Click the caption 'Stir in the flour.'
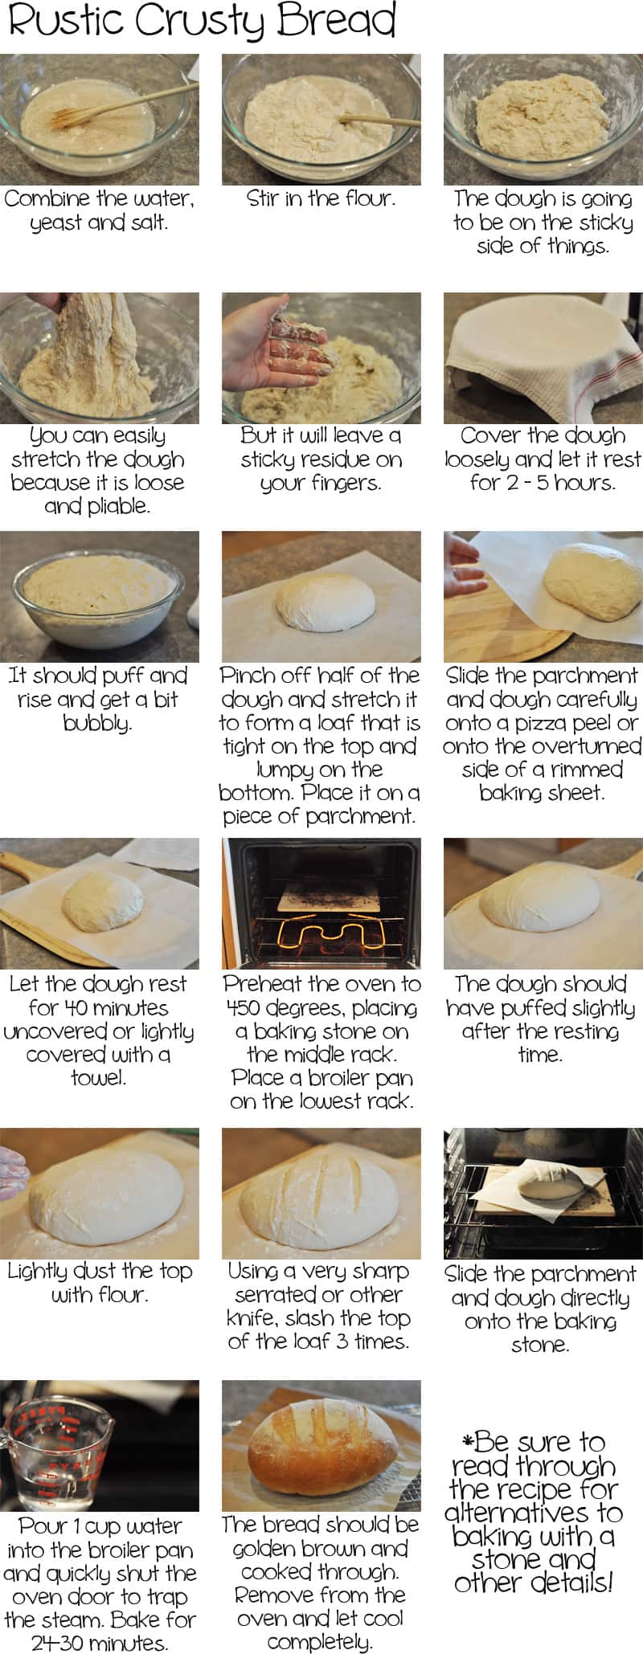tap(321, 198)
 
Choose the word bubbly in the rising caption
tap(97, 723)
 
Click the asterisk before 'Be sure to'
tap(468, 1440)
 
